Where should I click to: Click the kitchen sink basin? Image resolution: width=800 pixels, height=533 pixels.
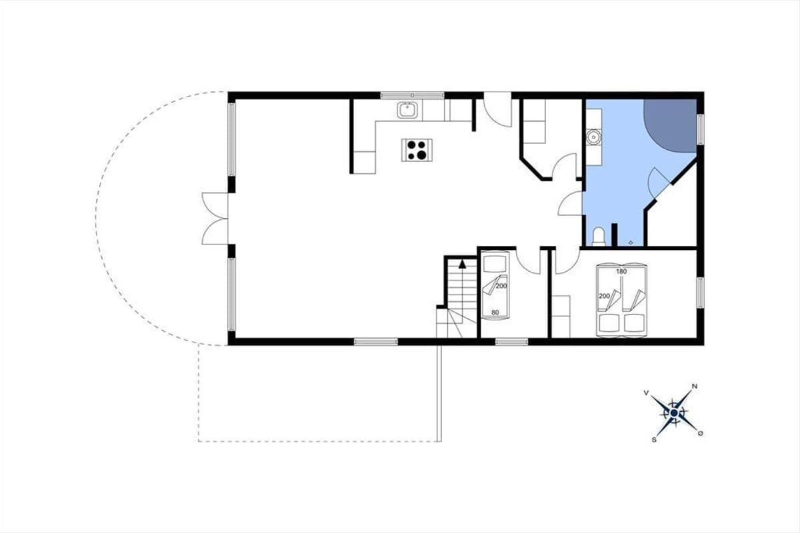(x=407, y=110)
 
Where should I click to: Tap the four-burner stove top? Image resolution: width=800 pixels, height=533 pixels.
(x=417, y=150)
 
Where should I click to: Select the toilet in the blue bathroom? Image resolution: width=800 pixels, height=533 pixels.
(x=599, y=237)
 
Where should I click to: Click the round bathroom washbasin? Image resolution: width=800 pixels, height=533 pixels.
(x=594, y=137)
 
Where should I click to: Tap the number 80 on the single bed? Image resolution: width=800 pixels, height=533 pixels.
(x=495, y=312)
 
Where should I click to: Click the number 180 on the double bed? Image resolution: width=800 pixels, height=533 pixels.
(x=621, y=271)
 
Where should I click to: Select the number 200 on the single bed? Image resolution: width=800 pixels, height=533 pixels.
(x=501, y=286)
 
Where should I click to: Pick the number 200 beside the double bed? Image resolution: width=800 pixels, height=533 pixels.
(x=604, y=296)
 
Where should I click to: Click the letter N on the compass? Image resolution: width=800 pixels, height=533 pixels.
(x=695, y=386)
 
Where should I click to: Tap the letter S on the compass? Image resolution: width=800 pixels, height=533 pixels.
(x=654, y=440)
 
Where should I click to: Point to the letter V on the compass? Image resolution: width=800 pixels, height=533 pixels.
(x=646, y=392)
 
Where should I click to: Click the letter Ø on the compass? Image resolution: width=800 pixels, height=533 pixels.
(x=701, y=434)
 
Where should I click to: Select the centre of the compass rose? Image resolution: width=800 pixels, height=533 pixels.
(x=674, y=413)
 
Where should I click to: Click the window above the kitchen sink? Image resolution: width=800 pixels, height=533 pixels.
(x=412, y=95)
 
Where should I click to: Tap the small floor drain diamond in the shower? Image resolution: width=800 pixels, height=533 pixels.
(x=631, y=243)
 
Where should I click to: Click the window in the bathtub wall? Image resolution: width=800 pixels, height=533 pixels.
(x=701, y=129)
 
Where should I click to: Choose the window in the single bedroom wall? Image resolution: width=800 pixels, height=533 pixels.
(x=512, y=342)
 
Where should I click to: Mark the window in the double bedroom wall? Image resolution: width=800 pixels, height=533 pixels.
(x=701, y=292)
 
